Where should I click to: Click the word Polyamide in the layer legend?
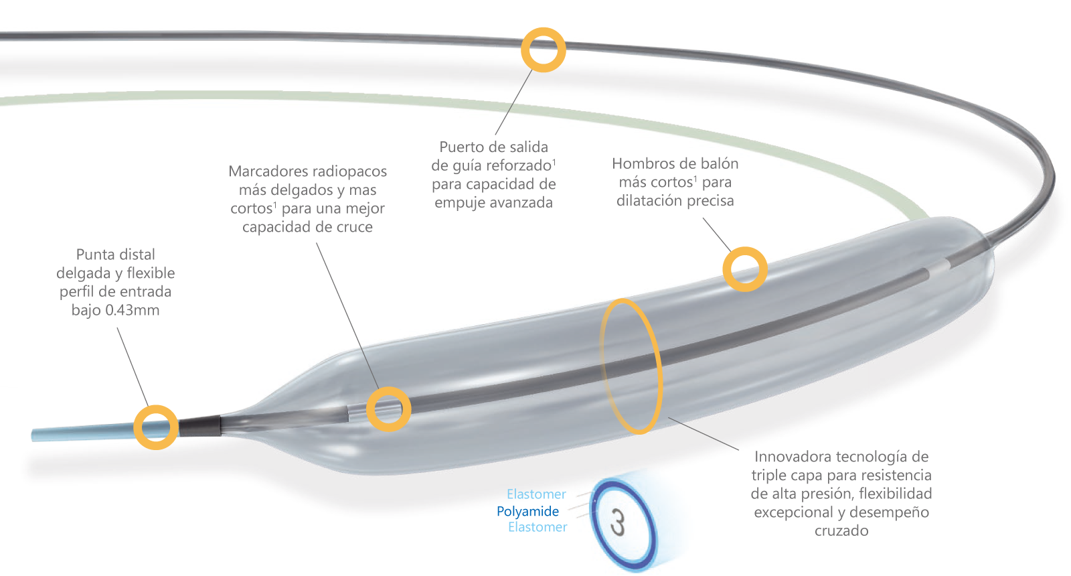[x=527, y=511]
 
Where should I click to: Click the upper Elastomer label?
[x=536, y=494]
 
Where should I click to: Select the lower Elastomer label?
[x=538, y=527]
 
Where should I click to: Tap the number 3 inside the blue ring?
[x=618, y=523]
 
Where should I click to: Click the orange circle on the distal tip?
[x=156, y=427]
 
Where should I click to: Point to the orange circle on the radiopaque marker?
[x=388, y=409]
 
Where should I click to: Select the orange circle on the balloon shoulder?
[x=745, y=269]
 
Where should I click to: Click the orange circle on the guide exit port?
[x=544, y=50]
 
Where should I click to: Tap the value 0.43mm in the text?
[x=133, y=310]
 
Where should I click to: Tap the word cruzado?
[x=841, y=531]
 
